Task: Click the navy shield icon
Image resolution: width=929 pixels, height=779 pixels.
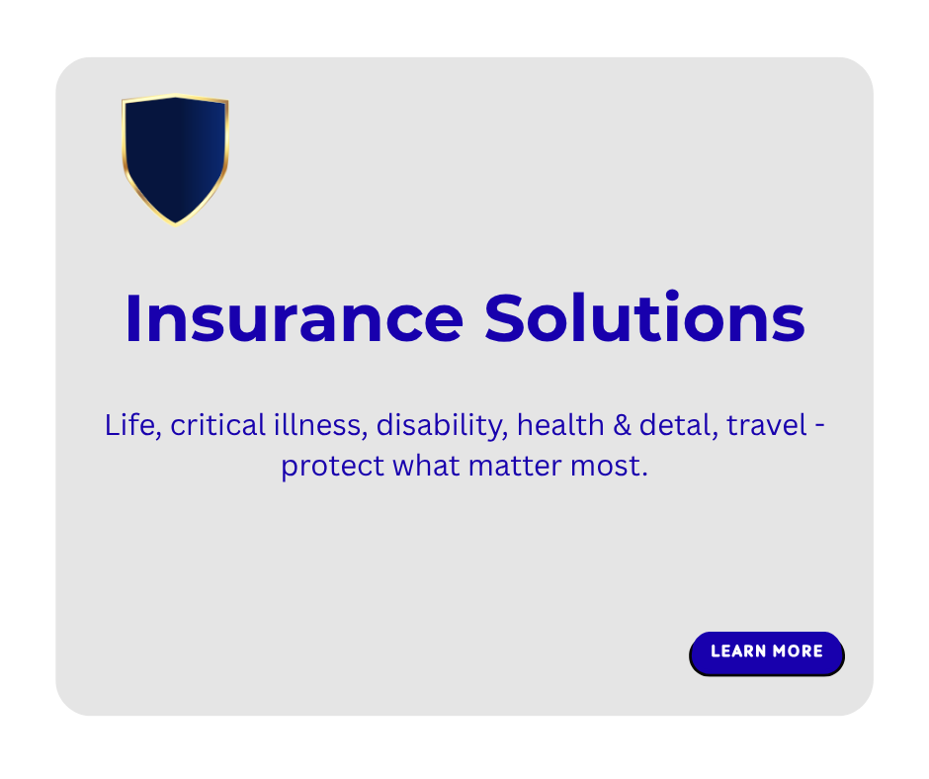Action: click(175, 160)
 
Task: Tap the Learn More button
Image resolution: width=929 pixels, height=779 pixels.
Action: click(767, 653)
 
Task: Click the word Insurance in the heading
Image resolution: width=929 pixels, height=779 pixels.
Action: click(295, 318)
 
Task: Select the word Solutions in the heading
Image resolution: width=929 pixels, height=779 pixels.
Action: click(644, 318)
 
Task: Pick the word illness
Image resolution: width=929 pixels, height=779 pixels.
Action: click(320, 426)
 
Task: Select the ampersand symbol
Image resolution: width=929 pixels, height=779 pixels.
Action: click(622, 426)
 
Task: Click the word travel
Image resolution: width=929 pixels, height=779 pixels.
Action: click(767, 425)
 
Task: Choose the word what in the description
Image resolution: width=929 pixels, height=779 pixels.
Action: click(426, 466)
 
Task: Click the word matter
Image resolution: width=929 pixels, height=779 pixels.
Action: click(515, 467)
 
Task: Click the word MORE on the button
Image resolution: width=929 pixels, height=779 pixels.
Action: click(798, 650)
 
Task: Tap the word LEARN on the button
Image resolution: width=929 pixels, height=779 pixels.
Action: click(739, 650)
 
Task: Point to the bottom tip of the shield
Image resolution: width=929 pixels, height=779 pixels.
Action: click(175, 225)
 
